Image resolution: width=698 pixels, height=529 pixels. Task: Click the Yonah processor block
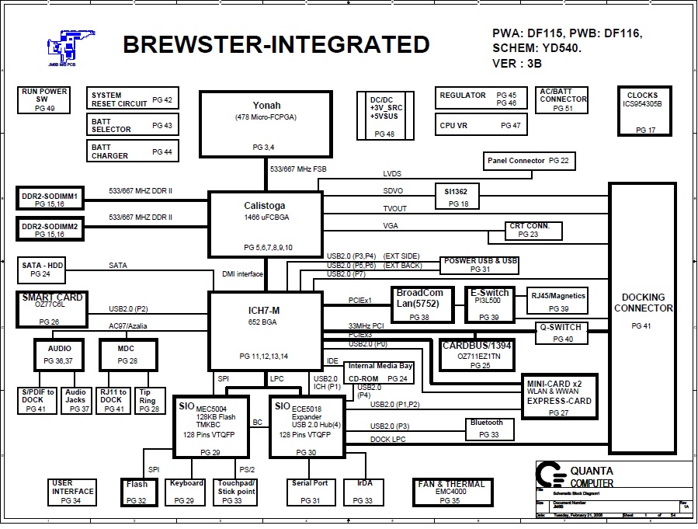click(x=266, y=124)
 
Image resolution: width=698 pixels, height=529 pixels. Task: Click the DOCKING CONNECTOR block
click(x=643, y=311)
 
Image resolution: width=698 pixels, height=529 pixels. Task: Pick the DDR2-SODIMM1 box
click(x=49, y=198)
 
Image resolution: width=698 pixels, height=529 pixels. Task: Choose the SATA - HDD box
click(x=42, y=269)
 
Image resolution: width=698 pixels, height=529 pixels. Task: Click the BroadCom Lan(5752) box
click(x=420, y=305)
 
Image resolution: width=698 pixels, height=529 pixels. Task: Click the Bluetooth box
click(x=487, y=428)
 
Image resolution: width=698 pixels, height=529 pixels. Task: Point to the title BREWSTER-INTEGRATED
click(x=276, y=45)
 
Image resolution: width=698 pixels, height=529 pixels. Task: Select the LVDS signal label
click(x=392, y=174)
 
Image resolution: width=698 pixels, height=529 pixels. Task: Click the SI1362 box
click(x=458, y=196)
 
